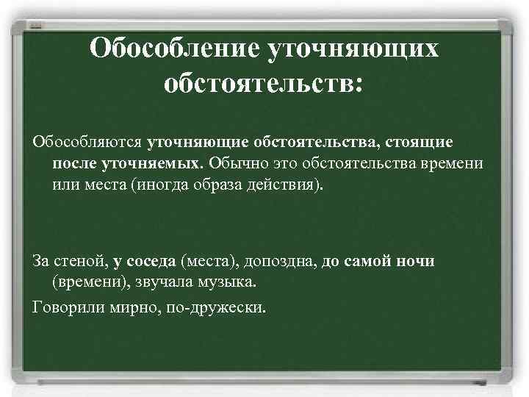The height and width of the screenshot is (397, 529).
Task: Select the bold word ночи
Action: pyautogui.click(x=415, y=261)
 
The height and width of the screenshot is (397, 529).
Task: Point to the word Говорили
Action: pyautogui.click(x=69, y=305)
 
